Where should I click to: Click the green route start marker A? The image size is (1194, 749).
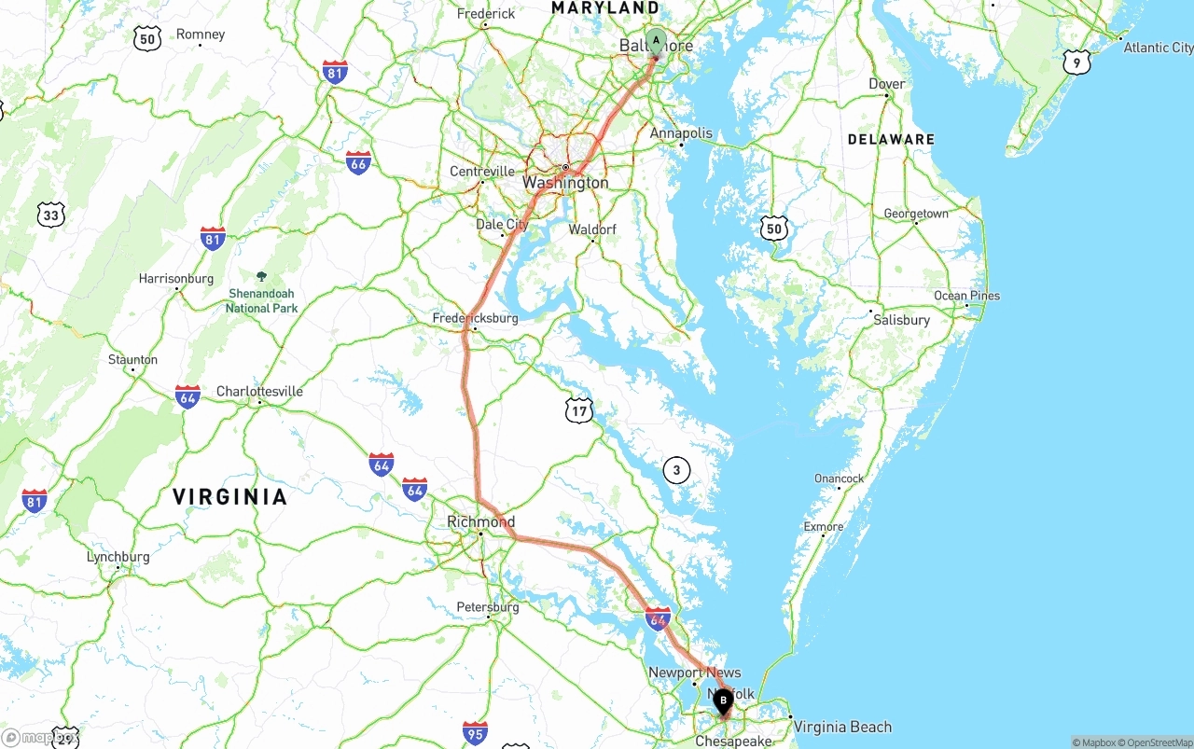tap(656, 41)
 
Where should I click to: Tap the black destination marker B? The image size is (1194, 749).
tap(723, 700)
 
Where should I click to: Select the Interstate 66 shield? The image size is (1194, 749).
tap(358, 162)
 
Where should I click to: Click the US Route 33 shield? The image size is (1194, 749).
tap(51, 215)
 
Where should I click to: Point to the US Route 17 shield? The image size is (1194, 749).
tap(579, 409)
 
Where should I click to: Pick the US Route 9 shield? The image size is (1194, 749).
tap(1076, 62)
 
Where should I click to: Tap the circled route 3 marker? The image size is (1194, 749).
tap(676, 470)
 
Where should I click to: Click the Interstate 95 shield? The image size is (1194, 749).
tap(475, 732)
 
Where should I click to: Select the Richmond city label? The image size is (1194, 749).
tap(480, 521)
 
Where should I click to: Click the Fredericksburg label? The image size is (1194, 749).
tap(475, 318)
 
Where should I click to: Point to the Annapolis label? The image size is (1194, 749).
tap(681, 133)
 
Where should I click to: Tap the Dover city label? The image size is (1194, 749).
tap(886, 84)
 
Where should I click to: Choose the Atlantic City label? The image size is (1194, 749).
tap(1158, 48)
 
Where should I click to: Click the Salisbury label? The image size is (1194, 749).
tap(901, 320)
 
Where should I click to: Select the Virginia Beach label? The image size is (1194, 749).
tap(842, 727)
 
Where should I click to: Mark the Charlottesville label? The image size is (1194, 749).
tap(259, 392)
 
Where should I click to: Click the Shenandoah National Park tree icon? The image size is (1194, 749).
tap(261, 276)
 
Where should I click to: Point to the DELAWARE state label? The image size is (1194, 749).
tap(891, 139)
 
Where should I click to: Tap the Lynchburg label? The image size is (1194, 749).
tap(118, 557)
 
